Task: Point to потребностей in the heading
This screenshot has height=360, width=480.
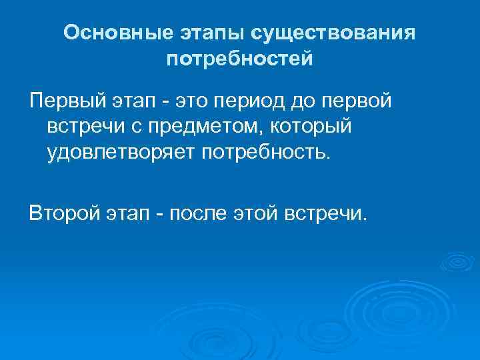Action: pyautogui.click(x=240, y=60)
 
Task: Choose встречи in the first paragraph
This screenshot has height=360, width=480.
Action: pyautogui.click(x=87, y=127)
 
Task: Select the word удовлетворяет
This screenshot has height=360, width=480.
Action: pyautogui.click(x=118, y=153)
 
